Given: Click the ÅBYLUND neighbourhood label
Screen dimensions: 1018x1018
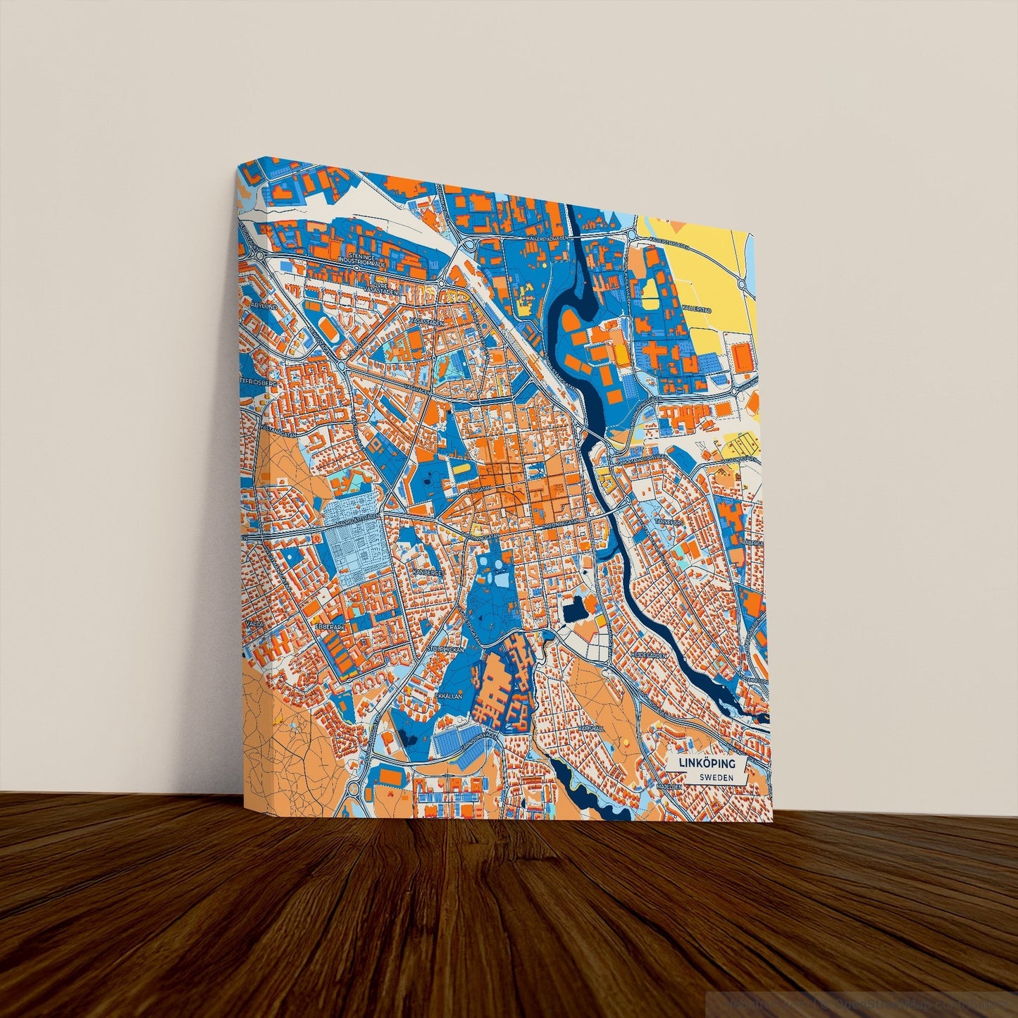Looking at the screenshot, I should [x=263, y=306].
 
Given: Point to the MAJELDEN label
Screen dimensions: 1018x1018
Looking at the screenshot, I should [x=669, y=785].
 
